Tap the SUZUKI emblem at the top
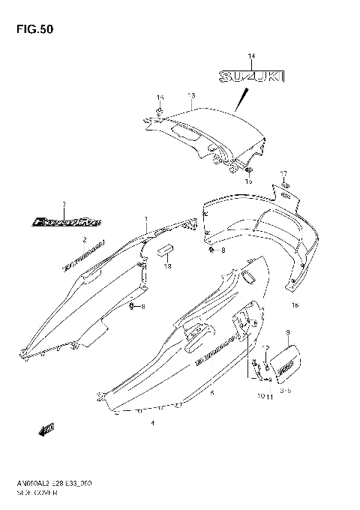pyautogui.click(x=252, y=76)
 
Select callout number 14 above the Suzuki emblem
pyautogui.click(x=251, y=57)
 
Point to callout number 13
pyautogui.click(x=191, y=96)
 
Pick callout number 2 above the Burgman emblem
pyautogui.click(x=85, y=240)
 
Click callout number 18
pyautogui.click(x=168, y=267)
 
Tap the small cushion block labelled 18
pyautogui.click(x=165, y=250)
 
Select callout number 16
pyautogui.click(x=295, y=304)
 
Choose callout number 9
pyautogui.click(x=287, y=331)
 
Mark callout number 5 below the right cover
pyautogui.click(x=212, y=392)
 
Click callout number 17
pyautogui.click(x=283, y=172)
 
